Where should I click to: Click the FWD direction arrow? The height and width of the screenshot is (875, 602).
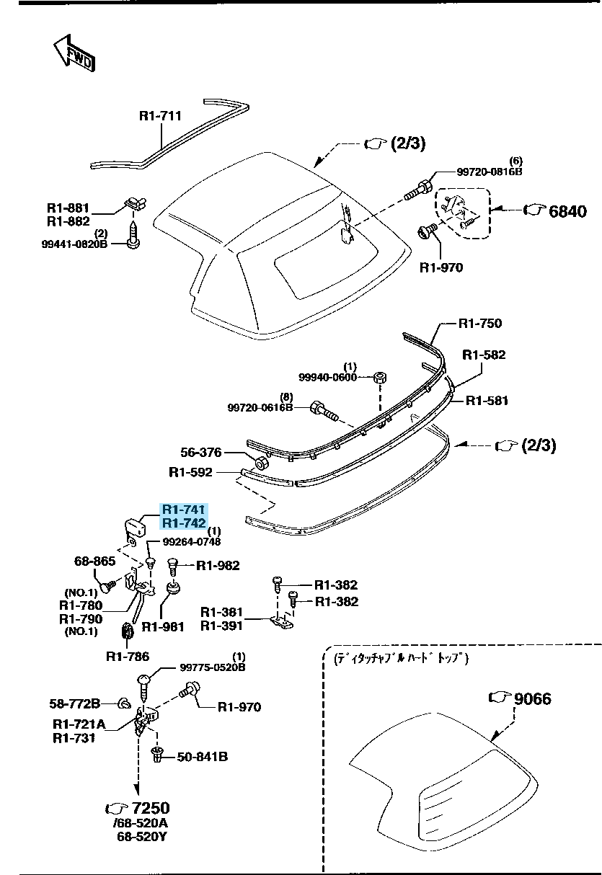click(74, 53)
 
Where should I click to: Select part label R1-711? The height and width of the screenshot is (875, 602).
click(160, 115)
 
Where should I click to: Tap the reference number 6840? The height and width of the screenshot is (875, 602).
click(567, 211)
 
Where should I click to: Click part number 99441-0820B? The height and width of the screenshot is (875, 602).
click(74, 244)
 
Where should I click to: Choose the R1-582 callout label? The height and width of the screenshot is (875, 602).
click(484, 355)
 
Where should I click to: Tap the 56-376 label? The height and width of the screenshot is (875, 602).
click(201, 452)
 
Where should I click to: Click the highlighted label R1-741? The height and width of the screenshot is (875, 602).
click(184, 509)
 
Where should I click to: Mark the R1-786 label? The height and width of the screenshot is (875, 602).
click(128, 656)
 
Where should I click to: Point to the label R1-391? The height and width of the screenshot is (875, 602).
click(221, 626)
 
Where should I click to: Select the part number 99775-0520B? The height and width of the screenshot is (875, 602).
click(213, 667)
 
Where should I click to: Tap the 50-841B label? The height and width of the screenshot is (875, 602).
click(203, 757)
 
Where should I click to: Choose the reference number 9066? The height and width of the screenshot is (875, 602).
click(533, 698)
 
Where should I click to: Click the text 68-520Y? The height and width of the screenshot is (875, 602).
click(143, 837)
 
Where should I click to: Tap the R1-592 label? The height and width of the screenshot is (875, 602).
click(190, 472)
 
